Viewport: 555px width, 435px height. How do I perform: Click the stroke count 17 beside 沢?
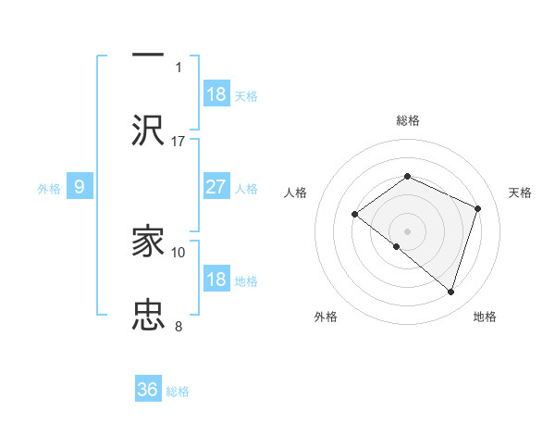[179, 141]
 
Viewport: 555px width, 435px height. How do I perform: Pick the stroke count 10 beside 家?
[179, 252]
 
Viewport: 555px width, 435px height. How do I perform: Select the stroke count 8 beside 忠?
[179, 326]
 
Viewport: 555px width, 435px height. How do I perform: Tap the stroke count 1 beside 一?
[179, 67]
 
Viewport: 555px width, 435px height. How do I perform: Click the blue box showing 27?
[216, 187]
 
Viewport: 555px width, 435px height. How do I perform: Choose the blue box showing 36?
[148, 390]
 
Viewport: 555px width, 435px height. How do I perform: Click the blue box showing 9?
[80, 187]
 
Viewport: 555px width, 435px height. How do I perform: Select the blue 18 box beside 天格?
[216, 93]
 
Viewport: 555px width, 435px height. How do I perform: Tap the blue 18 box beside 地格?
[216, 280]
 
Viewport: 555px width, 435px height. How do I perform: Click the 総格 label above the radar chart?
[407, 120]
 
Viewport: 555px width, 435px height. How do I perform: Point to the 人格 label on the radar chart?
[296, 193]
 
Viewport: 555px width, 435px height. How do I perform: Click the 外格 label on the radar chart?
[326, 317]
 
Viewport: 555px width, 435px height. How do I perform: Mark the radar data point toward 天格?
[478, 208]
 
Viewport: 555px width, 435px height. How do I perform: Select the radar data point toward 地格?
[451, 292]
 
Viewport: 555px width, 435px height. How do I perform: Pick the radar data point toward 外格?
[397, 246]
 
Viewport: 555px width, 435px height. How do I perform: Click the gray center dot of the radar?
[407, 230]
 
